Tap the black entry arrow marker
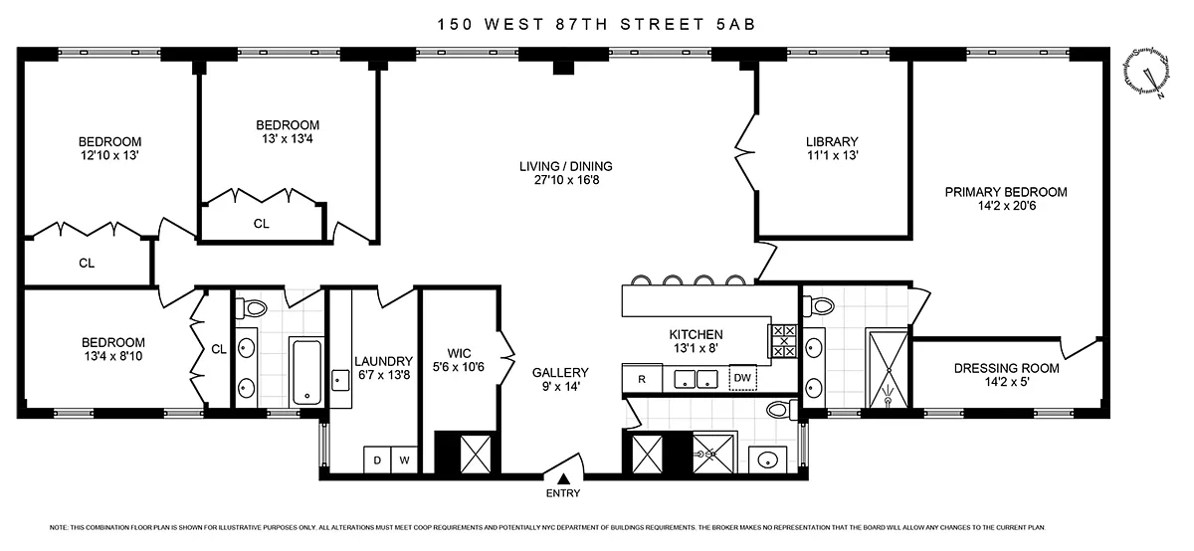[x=563, y=479]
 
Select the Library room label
[x=832, y=142]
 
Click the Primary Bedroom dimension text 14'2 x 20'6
[x=1006, y=206]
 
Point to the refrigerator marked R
[x=642, y=379]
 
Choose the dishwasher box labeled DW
[x=742, y=378]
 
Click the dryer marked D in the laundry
[x=377, y=459]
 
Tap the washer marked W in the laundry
[x=405, y=459]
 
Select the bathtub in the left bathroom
[x=307, y=372]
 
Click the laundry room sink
[x=340, y=381]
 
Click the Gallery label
[x=560, y=373]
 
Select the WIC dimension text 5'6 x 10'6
[x=459, y=367]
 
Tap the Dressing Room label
[x=1006, y=368]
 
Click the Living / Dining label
[x=566, y=166]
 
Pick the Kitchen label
[x=696, y=334]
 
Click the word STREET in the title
[x=663, y=25]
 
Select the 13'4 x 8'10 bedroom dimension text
[x=113, y=356]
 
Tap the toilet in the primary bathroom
[x=819, y=306]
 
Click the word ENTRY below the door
[x=563, y=493]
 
